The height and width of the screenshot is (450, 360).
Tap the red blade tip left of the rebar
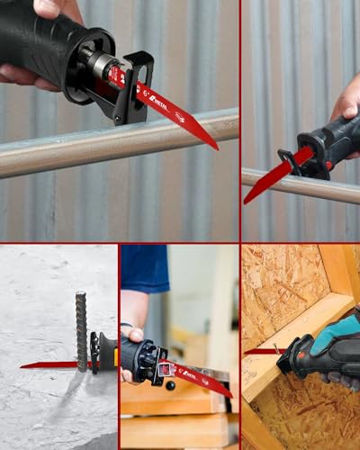click(27, 364)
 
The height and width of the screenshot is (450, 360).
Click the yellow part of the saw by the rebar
click(115, 358)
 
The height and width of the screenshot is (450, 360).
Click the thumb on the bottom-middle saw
click(135, 334)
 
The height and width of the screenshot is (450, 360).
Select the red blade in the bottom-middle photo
click(202, 378)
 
